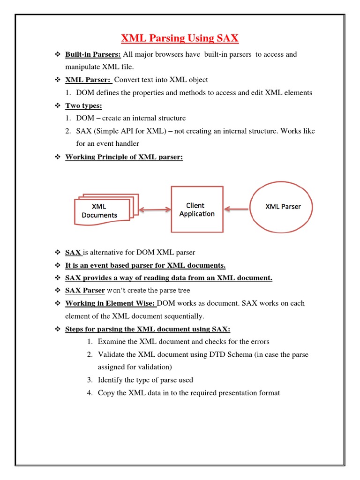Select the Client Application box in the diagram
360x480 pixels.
click(x=197, y=210)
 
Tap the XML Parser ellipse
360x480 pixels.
click(x=283, y=207)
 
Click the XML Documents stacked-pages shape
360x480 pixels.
click(x=103, y=210)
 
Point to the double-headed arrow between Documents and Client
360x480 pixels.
click(x=155, y=210)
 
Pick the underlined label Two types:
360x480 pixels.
click(x=83, y=105)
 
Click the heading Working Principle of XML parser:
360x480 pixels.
click(x=124, y=157)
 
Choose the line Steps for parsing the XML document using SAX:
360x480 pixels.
click(x=148, y=329)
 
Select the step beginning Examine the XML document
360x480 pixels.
click(x=183, y=341)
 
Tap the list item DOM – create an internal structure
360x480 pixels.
click(x=130, y=118)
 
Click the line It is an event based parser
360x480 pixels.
click(x=145, y=265)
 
